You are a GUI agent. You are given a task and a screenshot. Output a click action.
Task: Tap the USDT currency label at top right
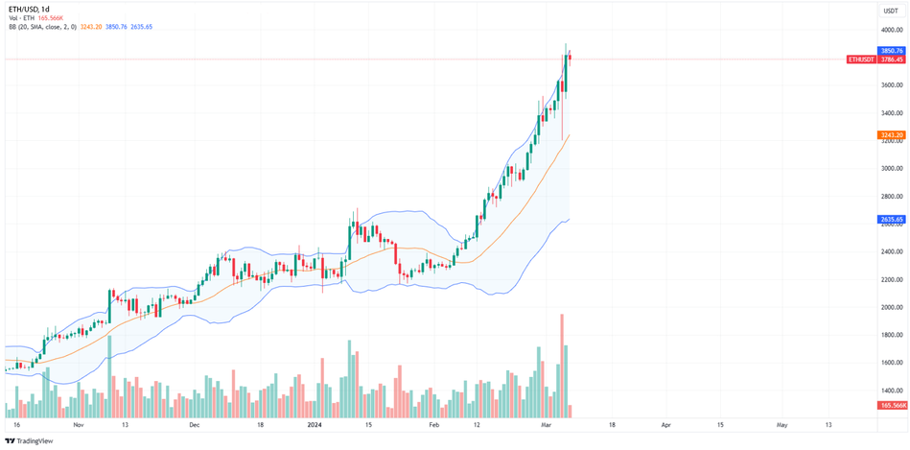891,11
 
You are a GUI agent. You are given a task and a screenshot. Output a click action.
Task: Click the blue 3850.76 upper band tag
892,50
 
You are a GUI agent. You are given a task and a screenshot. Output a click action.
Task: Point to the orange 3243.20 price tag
892,135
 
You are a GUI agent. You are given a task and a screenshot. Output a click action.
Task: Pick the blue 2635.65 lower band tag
892,220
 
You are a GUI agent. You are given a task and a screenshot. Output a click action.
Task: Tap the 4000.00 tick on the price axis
892,30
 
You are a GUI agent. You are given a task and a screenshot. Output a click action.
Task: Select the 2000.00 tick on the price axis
892,307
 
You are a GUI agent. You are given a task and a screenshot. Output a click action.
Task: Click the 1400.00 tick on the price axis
892,391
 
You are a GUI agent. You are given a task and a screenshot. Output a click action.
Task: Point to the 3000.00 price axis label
892,168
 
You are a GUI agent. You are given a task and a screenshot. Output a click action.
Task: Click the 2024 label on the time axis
314,423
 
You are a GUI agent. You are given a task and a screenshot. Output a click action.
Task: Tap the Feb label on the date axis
433,423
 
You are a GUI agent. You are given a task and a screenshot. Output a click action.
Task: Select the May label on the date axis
782,423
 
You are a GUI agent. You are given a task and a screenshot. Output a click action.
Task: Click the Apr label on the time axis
665,423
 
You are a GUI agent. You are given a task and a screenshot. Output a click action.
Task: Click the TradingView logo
29,440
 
